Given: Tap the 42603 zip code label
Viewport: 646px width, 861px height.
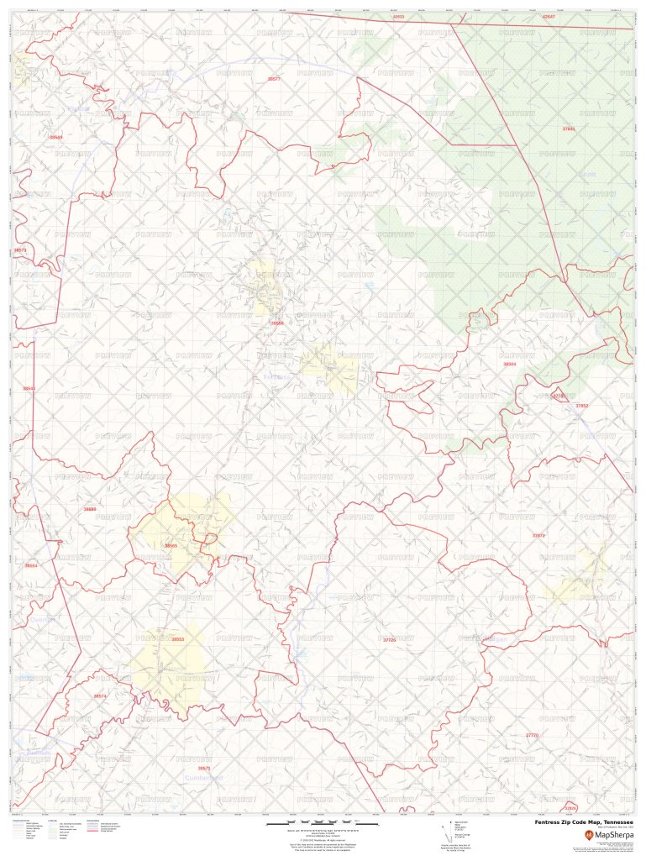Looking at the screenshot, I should click(398, 17).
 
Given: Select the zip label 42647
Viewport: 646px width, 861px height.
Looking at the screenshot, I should click(549, 17).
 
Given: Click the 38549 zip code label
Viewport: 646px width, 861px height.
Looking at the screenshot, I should click(56, 136).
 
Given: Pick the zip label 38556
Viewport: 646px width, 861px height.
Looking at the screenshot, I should click(277, 323).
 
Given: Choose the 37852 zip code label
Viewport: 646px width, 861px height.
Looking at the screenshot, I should click(581, 406).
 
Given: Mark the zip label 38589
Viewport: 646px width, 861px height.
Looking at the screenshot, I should click(90, 509).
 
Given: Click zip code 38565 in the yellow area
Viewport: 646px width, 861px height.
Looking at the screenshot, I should click(171, 546).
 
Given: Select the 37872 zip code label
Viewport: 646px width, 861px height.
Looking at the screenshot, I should click(538, 535).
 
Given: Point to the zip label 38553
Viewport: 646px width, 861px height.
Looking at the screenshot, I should click(177, 640).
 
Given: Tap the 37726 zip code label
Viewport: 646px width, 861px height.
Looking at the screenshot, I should click(388, 640).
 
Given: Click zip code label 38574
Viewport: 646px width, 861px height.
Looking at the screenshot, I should click(100, 696).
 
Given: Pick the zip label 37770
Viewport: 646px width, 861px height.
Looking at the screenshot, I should click(531, 735).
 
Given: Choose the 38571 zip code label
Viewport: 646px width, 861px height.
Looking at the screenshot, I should click(203, 768).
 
